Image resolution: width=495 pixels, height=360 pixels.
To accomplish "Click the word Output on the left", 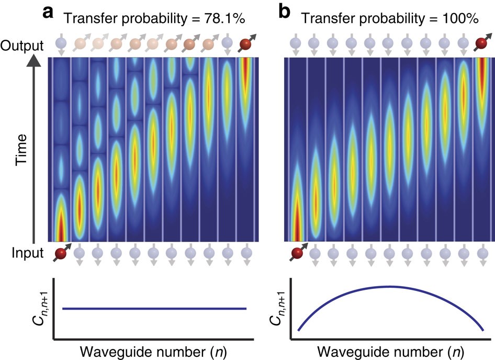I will [x=21, y=46].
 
